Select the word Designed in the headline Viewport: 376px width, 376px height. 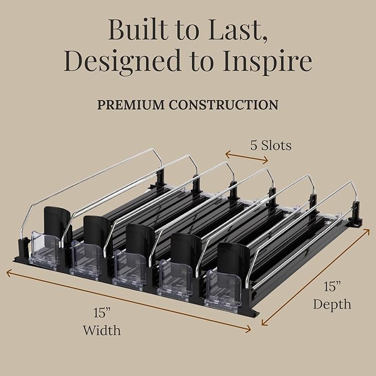122,60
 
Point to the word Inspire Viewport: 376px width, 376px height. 267,60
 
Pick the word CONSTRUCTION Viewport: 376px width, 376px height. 224,105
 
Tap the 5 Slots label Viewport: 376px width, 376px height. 271,145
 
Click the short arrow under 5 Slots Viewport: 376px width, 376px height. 246,157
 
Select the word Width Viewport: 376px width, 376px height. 102,330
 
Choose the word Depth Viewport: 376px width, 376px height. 332,304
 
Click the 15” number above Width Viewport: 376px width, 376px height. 102,313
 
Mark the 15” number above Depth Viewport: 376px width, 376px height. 332,286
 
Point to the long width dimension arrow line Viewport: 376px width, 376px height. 128,301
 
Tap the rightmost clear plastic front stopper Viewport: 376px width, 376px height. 223,291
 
